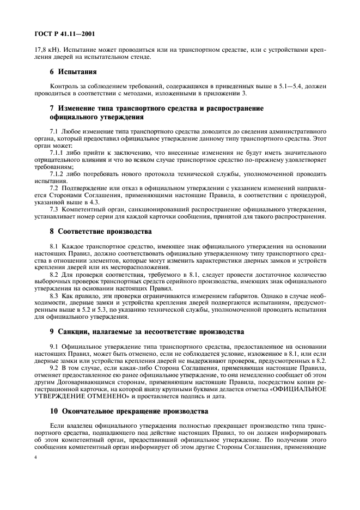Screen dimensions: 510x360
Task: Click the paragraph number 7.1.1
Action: tap(56, 154)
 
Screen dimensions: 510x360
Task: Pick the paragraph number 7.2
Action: tap(53, 189)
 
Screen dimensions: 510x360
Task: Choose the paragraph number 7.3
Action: tap(53, 209)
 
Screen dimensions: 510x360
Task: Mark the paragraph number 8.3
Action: tap(53, 295)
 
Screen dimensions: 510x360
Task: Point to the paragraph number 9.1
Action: tap(53, 347)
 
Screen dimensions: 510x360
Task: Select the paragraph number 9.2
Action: tap(53, 368)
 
